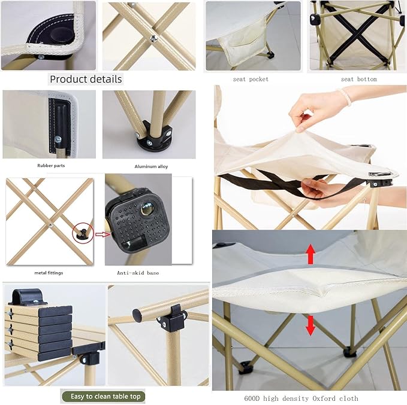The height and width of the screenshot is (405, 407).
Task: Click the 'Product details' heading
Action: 86,79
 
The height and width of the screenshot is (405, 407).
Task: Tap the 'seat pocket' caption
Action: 251,79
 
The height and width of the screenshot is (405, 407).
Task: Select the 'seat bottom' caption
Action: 358,79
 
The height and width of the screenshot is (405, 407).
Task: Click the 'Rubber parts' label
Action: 50,166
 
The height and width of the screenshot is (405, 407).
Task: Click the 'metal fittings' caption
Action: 49,273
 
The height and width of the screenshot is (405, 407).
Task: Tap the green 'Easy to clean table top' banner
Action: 103,396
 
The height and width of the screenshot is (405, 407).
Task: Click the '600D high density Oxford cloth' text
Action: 309,398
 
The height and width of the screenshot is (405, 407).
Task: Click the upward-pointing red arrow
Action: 310,254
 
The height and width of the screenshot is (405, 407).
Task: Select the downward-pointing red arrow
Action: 310,324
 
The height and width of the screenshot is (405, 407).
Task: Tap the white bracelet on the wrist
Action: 344,96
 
